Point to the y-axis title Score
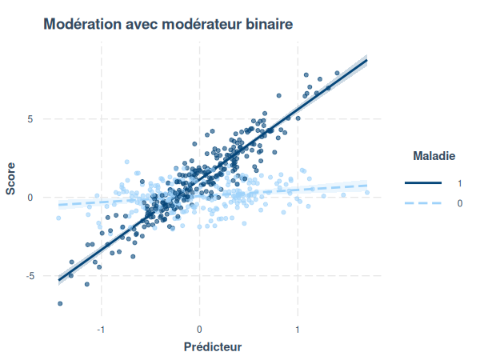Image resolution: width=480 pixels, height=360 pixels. [x=10, y=178]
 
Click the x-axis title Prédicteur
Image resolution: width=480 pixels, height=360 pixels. [x=212, y=347]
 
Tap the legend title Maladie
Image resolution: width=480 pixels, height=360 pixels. [x=434, y=154]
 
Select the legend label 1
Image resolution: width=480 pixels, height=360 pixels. [x=459, y=183]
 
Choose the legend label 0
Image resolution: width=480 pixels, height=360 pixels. [x=459, y=204]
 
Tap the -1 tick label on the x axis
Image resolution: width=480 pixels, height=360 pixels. [x=100, y=330]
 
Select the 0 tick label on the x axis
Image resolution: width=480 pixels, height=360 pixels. [x=199, y=330]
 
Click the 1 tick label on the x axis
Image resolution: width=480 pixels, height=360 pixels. [x=298, y=330]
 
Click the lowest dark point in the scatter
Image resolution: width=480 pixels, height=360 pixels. [x=60, y=304]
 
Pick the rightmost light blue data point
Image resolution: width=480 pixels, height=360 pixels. [x=367, y=192]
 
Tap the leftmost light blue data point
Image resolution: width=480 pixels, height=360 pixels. [x=58, y=218]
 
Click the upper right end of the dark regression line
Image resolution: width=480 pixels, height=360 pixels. [x=366, y=60]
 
